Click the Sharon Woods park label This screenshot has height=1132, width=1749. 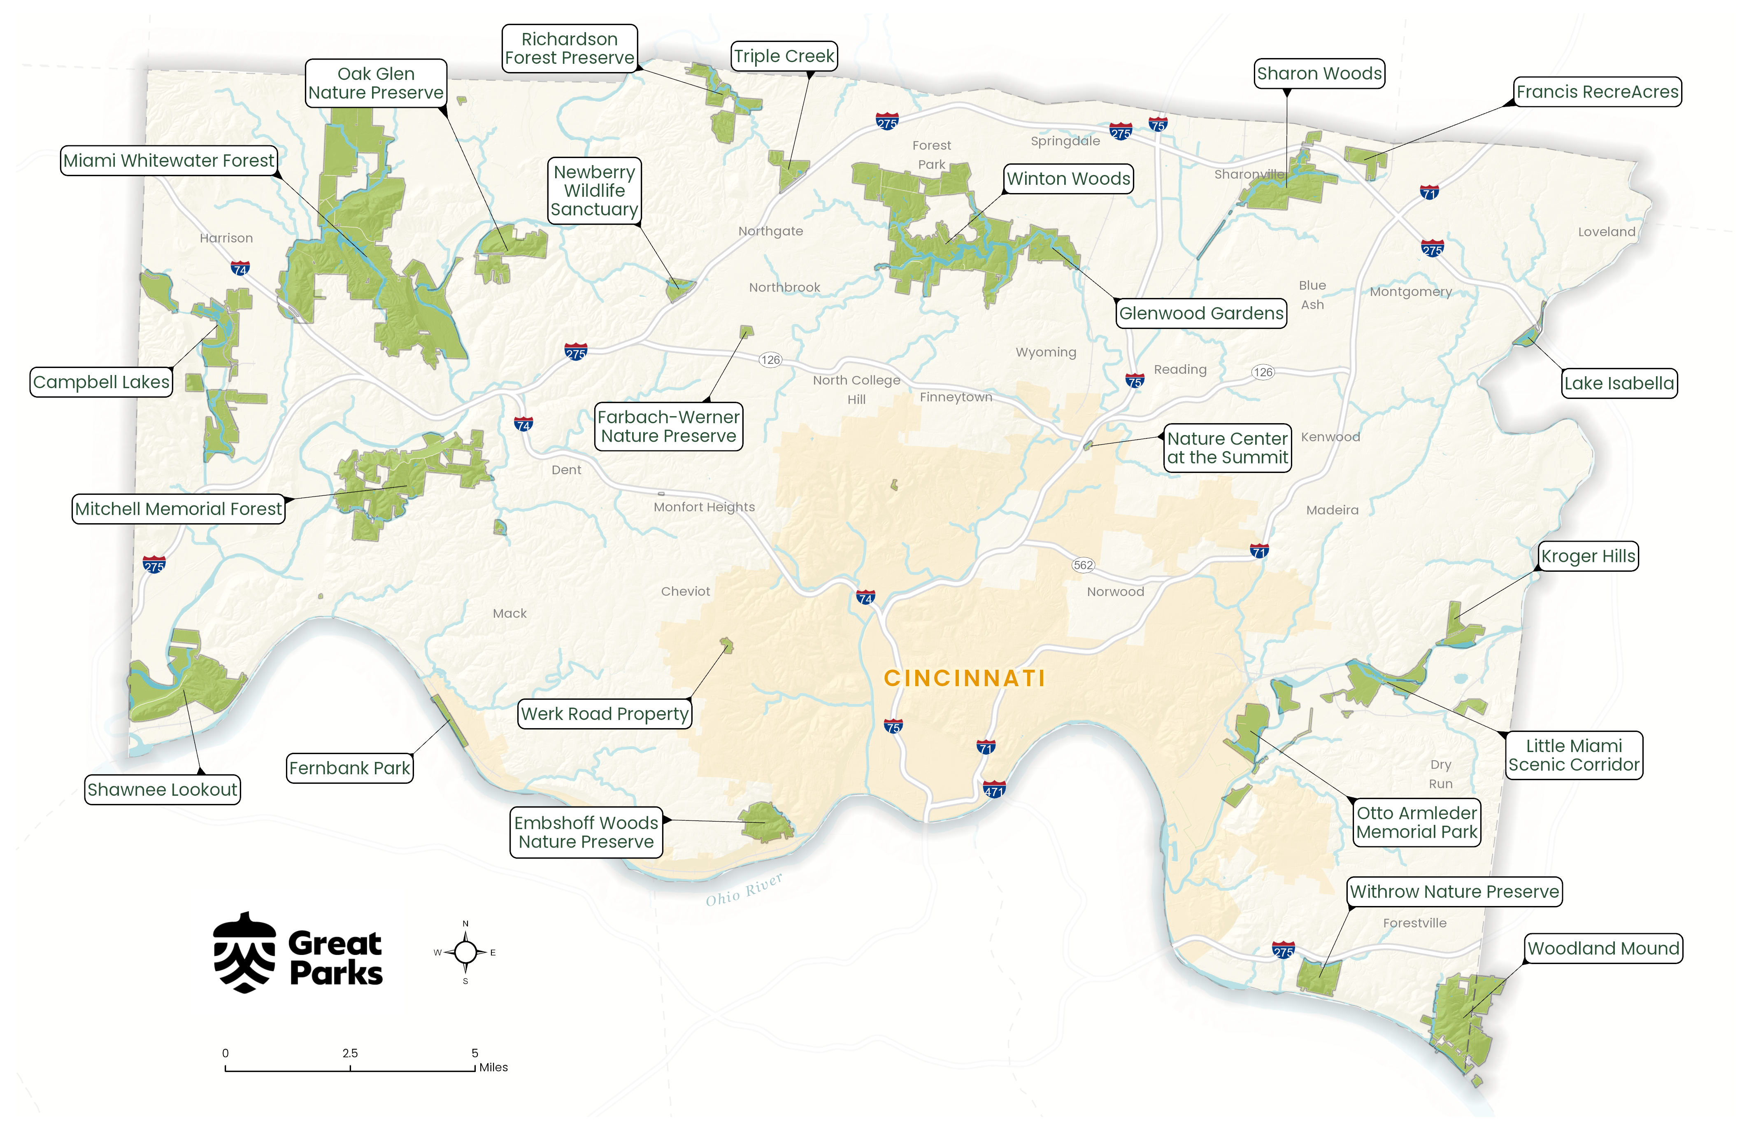point(1319,74)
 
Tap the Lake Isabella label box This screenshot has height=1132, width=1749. point(1619,383)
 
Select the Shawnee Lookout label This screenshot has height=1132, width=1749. point(163,790)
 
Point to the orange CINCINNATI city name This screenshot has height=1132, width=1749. point(964,678)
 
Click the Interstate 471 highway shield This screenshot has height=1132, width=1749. point(994,790)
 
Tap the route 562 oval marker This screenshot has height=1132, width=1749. point(1083,564)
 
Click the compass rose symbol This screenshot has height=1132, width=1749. point(465,952)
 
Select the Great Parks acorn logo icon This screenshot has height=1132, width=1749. point(245,953)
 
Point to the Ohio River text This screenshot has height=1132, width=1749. point(744,890)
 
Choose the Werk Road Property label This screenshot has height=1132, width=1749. point(605,714)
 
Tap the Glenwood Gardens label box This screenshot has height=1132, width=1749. point(1202,313)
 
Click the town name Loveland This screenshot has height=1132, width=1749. point(1607,231)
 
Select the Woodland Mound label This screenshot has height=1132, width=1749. point(1603,948)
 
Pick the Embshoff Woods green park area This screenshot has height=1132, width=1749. point(766,822)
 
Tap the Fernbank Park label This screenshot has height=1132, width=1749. point(350,768)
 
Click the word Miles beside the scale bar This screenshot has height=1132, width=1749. point(493,1067)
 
